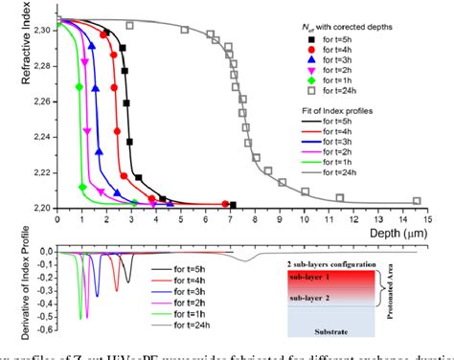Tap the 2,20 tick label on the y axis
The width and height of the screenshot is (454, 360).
(x=39, y=207)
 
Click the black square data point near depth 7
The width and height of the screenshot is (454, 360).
(x=233, y=204)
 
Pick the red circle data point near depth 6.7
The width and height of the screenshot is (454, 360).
(x=225, y=203)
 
